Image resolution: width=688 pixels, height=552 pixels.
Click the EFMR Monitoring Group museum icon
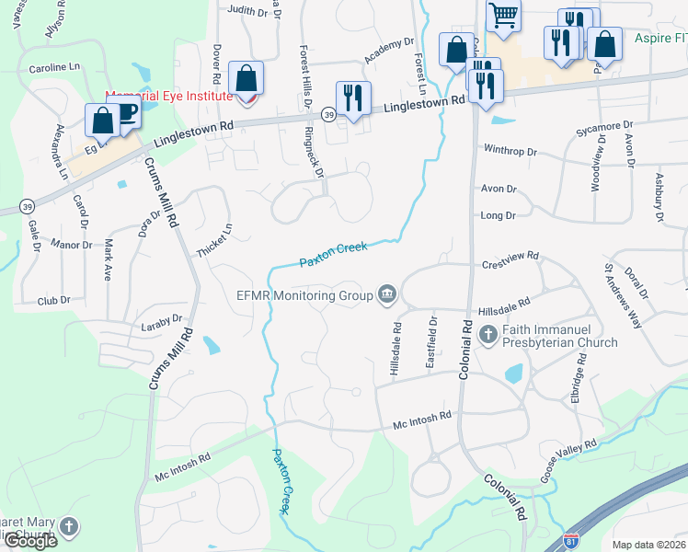coord(387,294)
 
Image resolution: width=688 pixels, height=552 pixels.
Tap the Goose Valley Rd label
coord(568,456)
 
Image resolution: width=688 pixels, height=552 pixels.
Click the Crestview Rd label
coord(510,264)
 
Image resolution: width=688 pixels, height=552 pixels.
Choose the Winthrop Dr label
coord(510,151)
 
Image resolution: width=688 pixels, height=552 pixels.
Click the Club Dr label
coord(53,301)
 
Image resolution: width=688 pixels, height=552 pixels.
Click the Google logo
coord(29,541)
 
